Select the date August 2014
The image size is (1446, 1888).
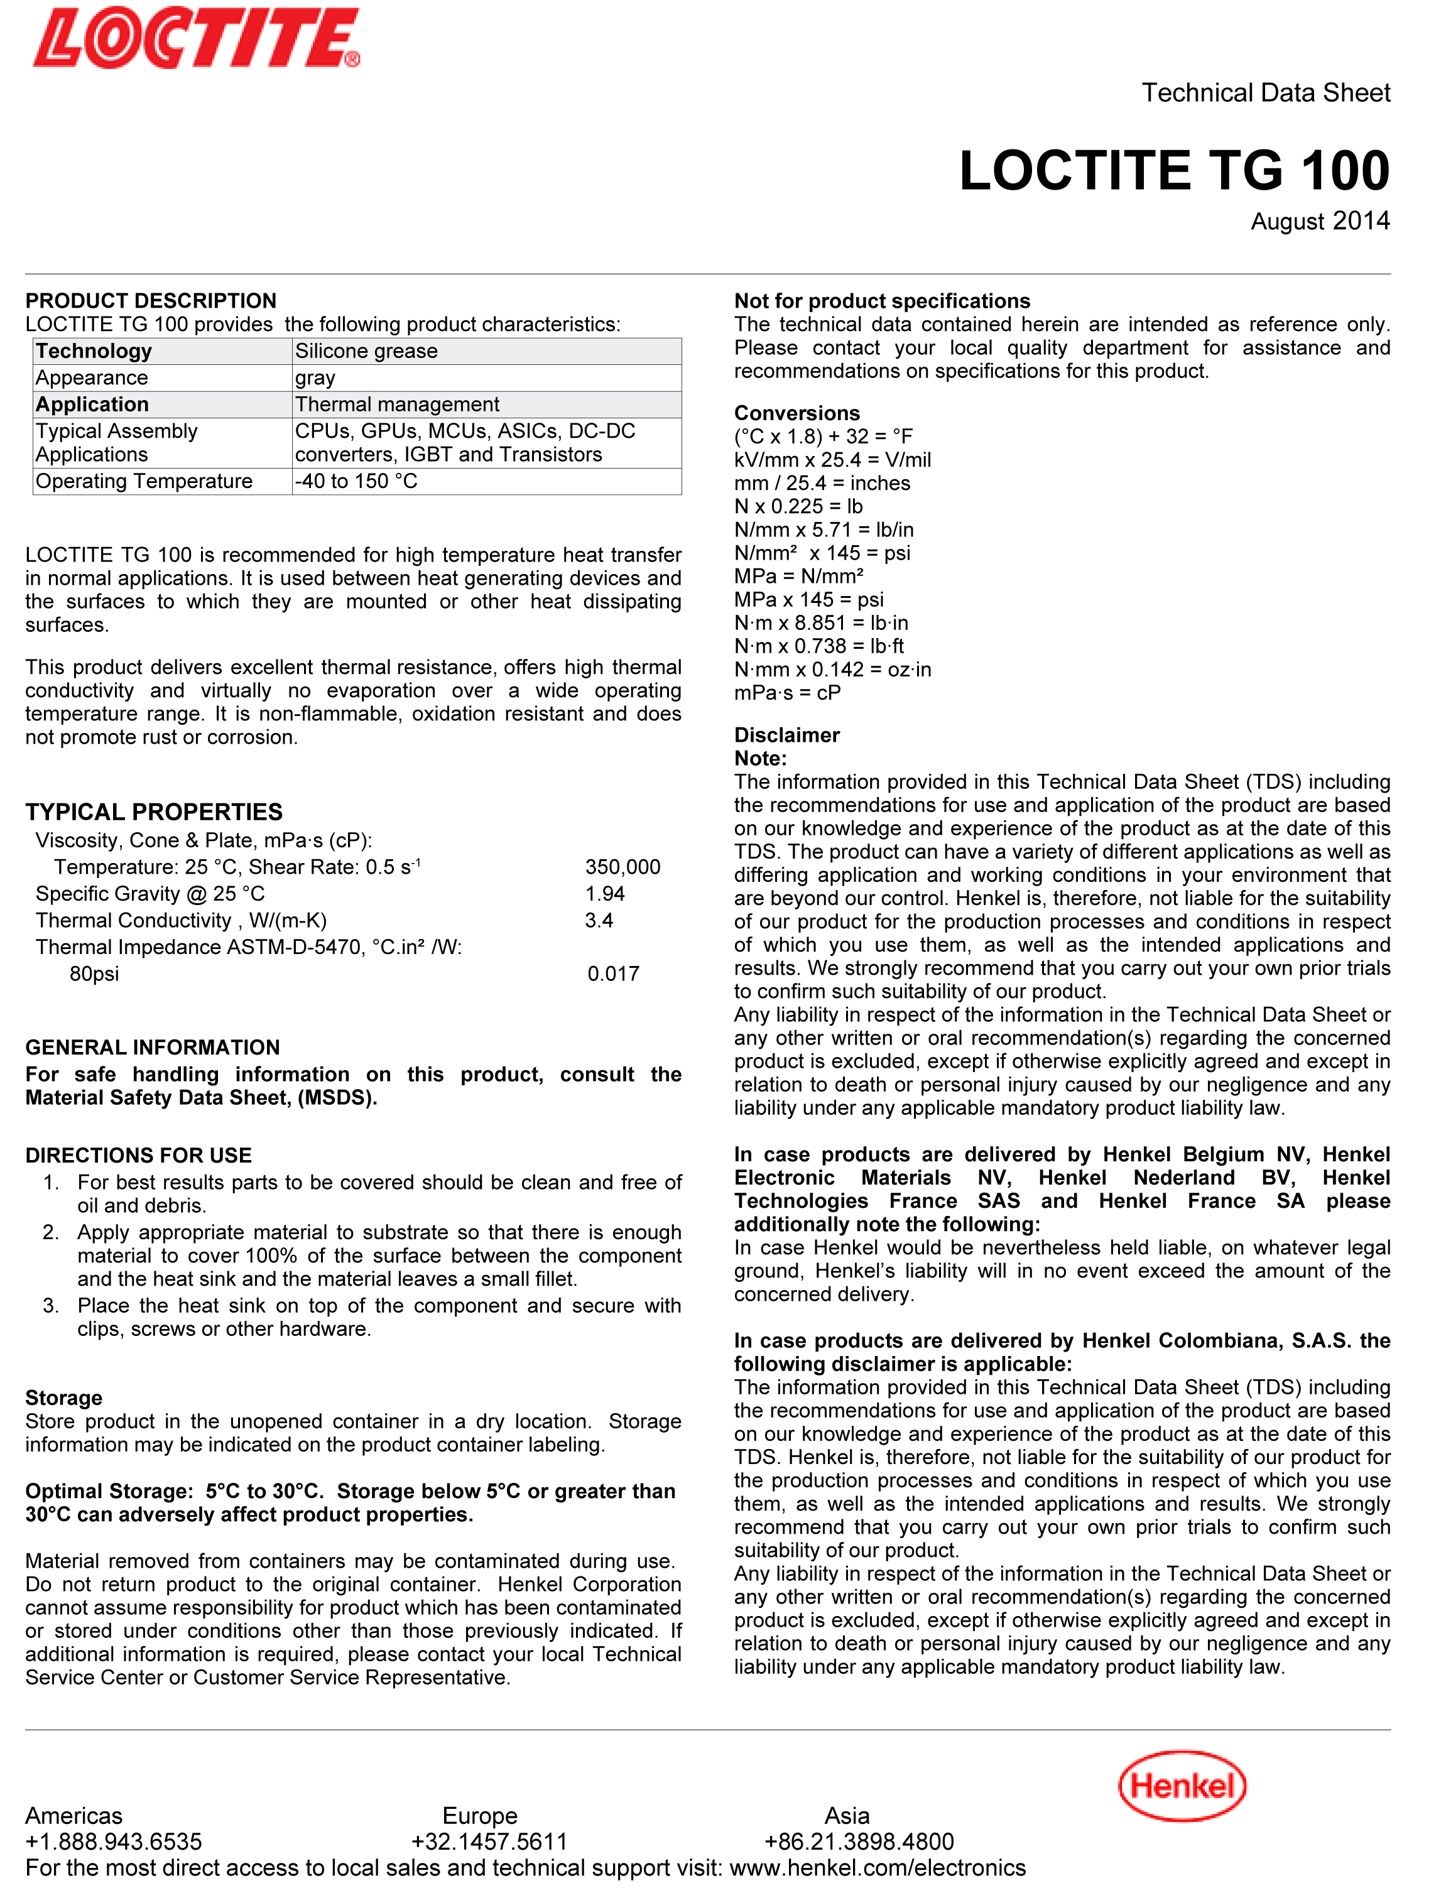(x=1320, y=221)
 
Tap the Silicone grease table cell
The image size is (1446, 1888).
(x=367, y=351)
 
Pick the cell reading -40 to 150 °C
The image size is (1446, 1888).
(x=356, y=481)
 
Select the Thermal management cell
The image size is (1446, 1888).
(x=397, y=404)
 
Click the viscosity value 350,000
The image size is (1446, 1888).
(x=622, y=867)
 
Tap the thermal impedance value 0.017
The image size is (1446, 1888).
(x=613, y=974)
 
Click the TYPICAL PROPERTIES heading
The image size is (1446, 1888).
(x=154, y=811)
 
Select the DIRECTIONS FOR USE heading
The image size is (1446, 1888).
(x=139, y=1155)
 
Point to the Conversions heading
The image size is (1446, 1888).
(x=796, y=413)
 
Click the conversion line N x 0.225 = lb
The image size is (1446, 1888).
(x=798, y=506)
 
